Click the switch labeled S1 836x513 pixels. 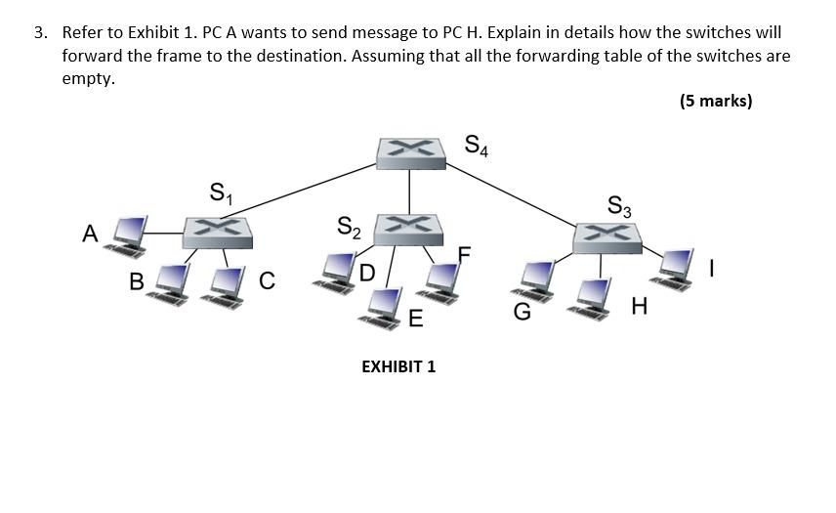point(218,231)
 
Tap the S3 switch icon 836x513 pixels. point(606,236)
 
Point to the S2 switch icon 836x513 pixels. point(409,228)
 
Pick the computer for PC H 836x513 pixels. point(594,296)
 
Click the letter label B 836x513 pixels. point(137,281)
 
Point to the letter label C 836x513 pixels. point(268,281)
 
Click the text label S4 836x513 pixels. point(477,147)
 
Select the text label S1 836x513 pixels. point(222,192)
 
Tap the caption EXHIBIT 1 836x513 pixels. point(398,366)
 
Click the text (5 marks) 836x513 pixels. point(715,101)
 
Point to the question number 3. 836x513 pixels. point(39,33)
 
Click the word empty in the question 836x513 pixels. point(88,78)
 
